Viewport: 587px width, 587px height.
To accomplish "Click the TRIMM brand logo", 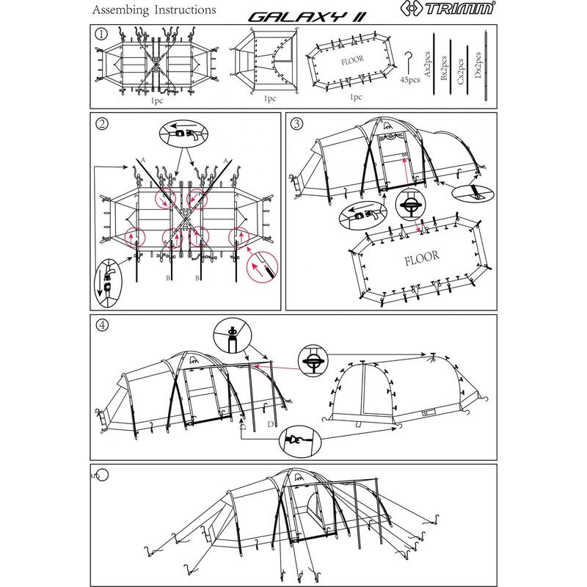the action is (448, 8).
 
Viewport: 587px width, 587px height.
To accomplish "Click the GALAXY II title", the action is (307, 17).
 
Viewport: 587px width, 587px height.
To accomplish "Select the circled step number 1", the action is (101, 34).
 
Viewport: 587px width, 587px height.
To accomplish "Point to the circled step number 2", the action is (102, 123).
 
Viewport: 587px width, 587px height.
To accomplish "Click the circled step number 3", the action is (297, 123).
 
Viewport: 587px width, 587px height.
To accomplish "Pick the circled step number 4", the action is (102, 324).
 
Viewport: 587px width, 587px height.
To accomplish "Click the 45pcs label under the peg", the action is (410, 80).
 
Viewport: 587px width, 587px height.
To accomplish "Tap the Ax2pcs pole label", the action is (428, 65).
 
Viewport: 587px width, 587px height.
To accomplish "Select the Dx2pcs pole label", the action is (478, 65).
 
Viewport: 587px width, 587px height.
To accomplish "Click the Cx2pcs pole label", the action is (461, 71).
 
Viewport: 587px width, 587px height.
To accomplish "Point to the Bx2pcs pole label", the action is (444, 68).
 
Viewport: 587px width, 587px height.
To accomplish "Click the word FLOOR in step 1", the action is (352, 60).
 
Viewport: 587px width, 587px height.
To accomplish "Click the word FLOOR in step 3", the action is (421, 258).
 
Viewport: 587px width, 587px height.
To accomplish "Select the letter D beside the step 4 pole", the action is (270, 424).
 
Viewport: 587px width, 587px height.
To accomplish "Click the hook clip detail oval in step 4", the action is (300, 442).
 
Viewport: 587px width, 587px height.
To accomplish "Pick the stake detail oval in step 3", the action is (473, 193).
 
